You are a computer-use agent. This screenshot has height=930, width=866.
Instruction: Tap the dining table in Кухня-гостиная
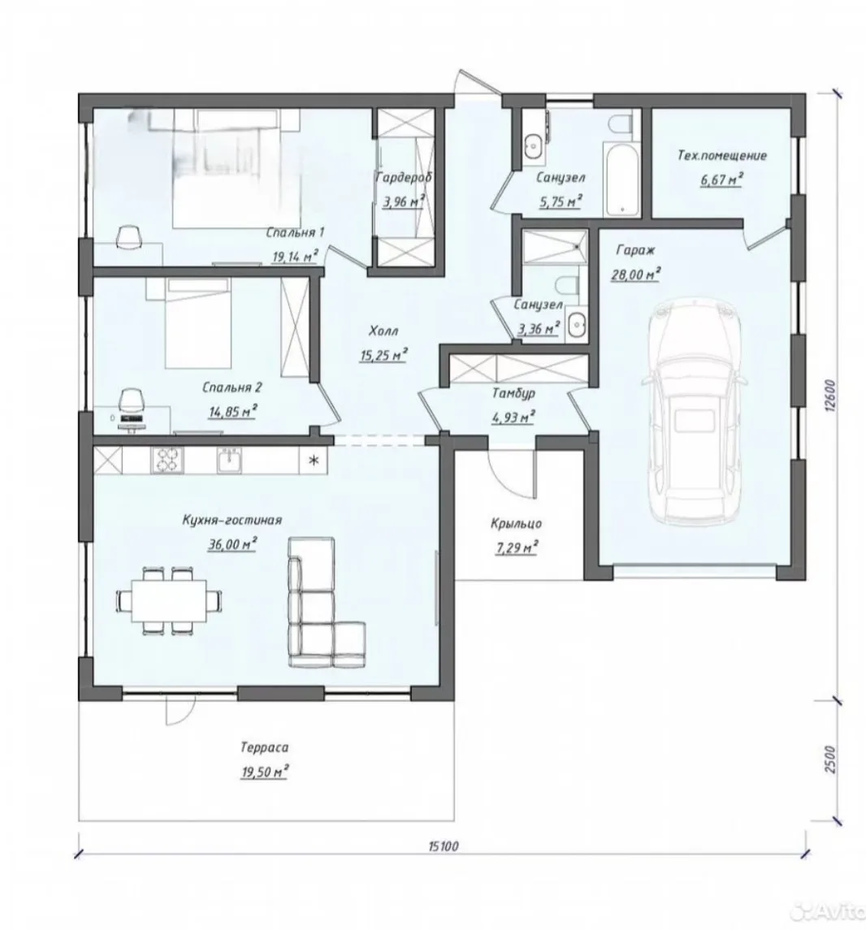point(169,600)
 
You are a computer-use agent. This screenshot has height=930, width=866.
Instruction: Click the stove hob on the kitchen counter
point(167,461)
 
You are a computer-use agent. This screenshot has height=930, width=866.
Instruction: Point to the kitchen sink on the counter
point(229,461)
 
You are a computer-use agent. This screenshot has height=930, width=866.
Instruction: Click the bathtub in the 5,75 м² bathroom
point(621,178)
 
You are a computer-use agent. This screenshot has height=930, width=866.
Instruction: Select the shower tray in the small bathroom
point(555,245)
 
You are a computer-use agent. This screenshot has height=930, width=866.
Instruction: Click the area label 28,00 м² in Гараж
point(635,275)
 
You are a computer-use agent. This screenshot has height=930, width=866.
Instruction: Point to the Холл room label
point(383,331)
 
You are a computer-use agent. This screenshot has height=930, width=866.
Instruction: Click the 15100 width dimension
point(443,846)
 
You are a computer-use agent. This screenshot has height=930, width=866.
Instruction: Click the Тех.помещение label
point(722,155)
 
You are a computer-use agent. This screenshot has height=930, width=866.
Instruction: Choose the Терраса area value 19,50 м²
point(265,772)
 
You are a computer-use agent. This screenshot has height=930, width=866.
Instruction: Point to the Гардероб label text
point(403,177)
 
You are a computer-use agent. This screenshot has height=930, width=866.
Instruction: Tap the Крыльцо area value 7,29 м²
point(516,547)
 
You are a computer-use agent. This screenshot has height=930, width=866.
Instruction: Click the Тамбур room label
point(513,392)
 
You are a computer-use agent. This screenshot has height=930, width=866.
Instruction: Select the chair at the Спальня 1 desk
point(129,237)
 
